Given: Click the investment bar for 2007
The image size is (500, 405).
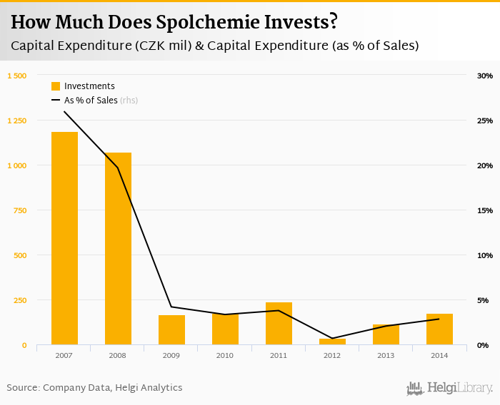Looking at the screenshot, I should [64, 238].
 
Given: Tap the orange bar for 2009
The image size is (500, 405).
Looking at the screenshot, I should [171, 329].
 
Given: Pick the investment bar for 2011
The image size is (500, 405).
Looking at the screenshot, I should [279, 324].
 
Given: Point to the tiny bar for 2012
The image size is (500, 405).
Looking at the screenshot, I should [332, 342].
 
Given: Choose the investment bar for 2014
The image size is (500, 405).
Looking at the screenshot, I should [439, 329].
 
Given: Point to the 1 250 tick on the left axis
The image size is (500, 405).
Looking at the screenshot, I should [16, 121].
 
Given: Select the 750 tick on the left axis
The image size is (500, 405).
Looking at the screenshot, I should [19, 210].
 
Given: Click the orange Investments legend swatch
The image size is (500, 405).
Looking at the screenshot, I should [56, 86].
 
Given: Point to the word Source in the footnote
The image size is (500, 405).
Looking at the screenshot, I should [22, 388].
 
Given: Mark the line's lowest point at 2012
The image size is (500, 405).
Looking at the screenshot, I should [332, 338].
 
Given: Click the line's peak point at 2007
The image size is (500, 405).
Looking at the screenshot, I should [64, 111].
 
